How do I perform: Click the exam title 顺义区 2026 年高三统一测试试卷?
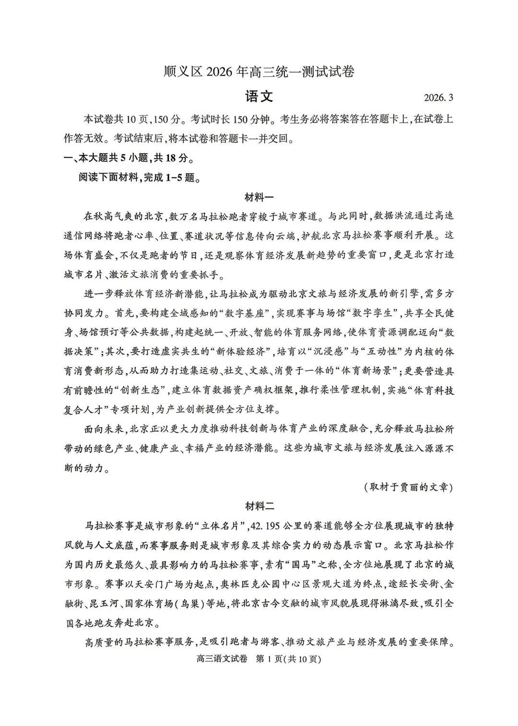pos(259,72)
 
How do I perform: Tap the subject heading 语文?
pos(259,96)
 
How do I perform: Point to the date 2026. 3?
pos(438,98)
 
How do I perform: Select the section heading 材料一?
pos(259,197)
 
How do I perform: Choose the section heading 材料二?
pos(259,506)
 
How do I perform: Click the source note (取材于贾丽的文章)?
pos(408,487)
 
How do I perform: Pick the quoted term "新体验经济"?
pos(243,352)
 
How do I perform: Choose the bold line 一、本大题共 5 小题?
pos(129,158)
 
